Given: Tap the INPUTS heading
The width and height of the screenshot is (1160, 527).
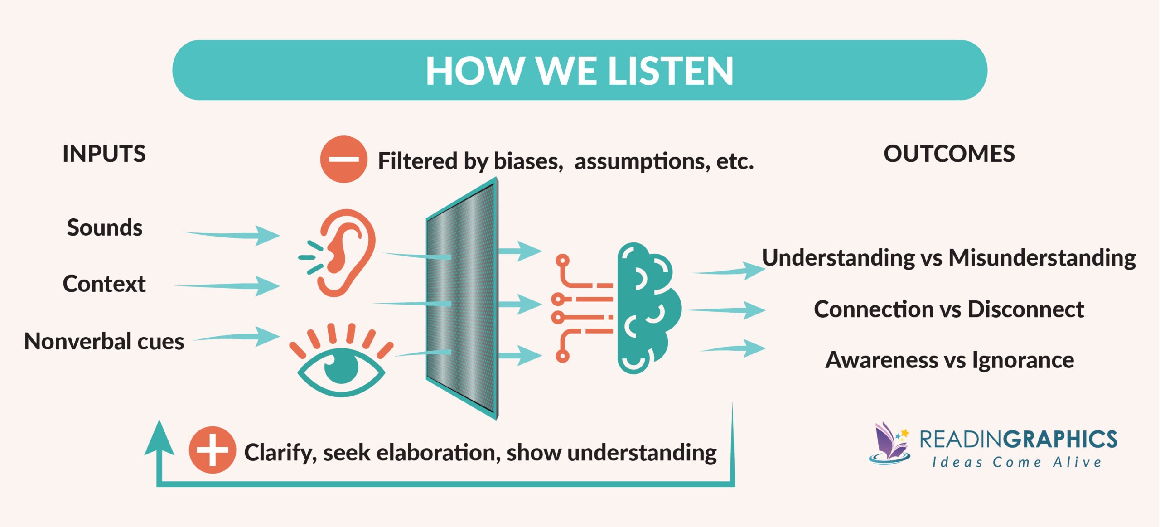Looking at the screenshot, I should (104, 154).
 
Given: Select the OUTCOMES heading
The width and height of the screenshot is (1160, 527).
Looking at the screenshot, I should (949, 154).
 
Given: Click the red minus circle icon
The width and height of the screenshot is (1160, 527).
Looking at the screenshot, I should (343, 159).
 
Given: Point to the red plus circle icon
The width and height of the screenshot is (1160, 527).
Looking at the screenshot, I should (212, 450).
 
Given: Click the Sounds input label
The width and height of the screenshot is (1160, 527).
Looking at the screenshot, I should (105, 227).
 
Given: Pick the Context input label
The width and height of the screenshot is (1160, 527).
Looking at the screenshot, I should (104, 284).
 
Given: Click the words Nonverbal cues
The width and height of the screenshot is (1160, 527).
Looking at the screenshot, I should (104, 341).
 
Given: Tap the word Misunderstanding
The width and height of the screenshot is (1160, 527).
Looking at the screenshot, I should (1042, 258).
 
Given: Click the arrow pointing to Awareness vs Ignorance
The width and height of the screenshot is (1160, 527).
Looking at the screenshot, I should (734, 348).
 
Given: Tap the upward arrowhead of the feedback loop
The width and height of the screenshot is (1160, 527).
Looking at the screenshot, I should (159, 439).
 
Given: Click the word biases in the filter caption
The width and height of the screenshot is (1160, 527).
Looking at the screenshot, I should (528, 161).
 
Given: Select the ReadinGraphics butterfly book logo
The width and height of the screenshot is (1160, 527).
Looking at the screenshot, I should (889, 444).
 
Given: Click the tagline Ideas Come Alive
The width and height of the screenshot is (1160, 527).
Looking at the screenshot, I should (1016, 463).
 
